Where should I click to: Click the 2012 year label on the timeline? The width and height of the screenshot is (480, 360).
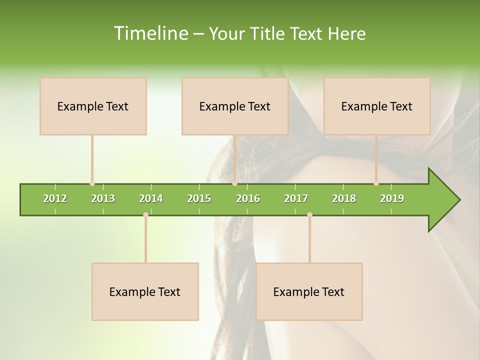point(55,198)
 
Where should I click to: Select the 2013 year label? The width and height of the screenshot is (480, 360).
point(103,198)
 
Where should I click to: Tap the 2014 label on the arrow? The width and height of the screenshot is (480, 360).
point(151,198)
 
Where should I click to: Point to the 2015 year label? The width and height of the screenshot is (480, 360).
point(199,198)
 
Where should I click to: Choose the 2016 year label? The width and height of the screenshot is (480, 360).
point(248,198)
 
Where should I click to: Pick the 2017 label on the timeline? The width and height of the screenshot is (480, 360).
point(296,198)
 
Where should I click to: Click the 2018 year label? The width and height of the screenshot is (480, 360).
point(344,198)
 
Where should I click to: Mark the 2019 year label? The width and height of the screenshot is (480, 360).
point(392,198)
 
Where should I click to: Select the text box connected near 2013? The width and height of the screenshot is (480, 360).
point(93,106)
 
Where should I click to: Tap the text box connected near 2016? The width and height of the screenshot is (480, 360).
point(235,106)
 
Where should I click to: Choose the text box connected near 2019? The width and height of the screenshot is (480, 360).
point(377,106)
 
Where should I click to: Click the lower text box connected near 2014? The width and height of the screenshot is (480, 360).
point(145,291)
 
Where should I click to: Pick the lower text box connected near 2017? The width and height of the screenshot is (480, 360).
point(309,291)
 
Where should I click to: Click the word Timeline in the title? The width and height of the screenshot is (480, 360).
point(150,33)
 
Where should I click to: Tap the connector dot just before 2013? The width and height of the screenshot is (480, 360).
point(92,183)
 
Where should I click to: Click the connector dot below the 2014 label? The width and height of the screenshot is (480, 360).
point(145,214)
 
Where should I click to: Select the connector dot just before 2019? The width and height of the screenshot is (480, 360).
point(376,183)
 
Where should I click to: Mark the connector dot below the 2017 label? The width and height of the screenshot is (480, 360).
point(309,214)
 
